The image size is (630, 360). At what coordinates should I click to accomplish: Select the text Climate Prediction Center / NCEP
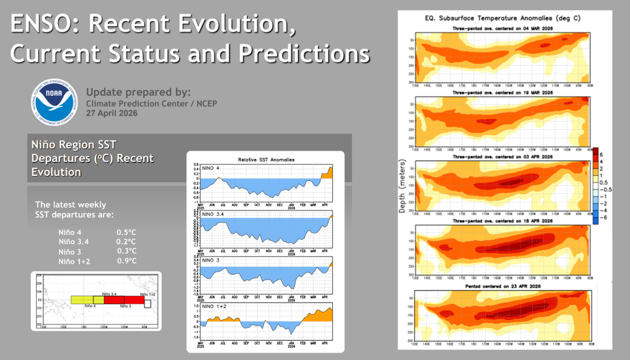[151, 103]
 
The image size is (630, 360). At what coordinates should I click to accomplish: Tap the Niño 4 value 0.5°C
[126, 232]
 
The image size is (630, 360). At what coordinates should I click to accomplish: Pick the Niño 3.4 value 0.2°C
[126, 241]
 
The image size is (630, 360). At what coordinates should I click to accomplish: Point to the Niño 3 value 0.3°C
[126, 250]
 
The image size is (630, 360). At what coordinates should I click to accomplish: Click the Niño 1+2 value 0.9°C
[126, 260]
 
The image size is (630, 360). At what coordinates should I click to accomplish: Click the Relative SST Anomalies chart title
[266, 159]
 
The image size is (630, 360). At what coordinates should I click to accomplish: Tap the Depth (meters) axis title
[402, 185]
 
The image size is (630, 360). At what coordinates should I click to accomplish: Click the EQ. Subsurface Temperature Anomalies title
[503, 18]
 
